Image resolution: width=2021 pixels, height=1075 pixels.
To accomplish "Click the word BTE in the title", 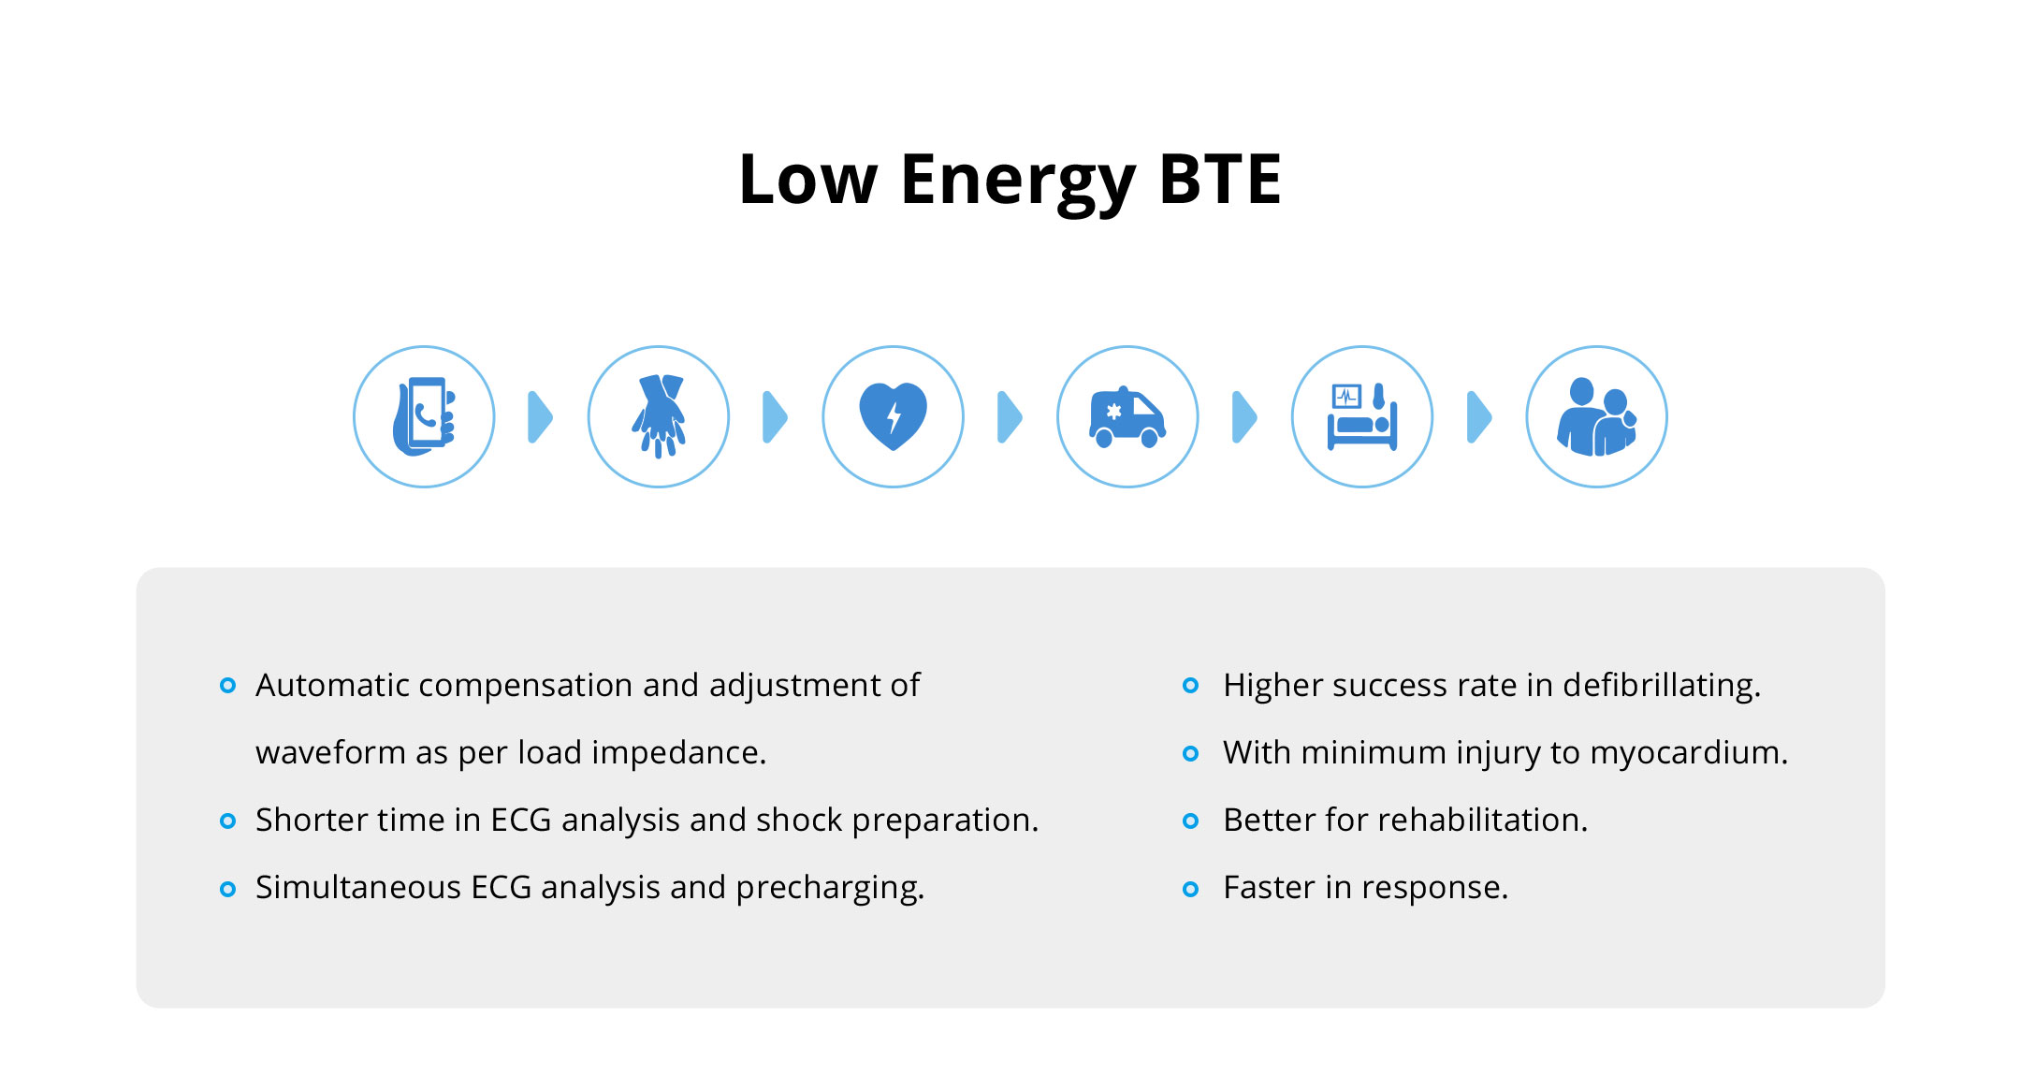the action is click(x=1220, y=179).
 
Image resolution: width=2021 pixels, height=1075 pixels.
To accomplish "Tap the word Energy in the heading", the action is click(x=1018, y=183).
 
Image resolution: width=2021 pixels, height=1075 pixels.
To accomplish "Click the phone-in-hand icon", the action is click(x=424, y=416).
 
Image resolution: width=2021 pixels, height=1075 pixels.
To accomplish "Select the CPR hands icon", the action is click(x=659, y=416).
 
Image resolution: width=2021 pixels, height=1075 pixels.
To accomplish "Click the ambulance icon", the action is click(x=1127, y=417).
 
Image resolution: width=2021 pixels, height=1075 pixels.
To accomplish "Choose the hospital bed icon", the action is click(x=1362, y=416).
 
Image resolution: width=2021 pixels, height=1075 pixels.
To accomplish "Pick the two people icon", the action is click(x=1596, y=416).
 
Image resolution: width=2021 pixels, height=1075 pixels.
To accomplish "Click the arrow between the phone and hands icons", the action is click(x=541, y=416).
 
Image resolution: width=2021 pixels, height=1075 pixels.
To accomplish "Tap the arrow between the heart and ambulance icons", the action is click(x=1010, y=416).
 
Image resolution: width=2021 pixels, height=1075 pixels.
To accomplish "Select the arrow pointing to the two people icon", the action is click(x=1479, y=416).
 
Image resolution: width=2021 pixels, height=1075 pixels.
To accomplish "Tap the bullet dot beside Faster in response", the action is click(x=1190, y=889).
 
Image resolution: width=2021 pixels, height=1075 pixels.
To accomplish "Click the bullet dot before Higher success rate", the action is click(x=1190, y=686).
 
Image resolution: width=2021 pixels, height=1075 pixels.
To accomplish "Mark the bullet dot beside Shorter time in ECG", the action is click(x=227, y=821).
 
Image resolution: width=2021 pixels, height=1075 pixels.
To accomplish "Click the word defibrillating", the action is click(x=1662, y=686).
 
